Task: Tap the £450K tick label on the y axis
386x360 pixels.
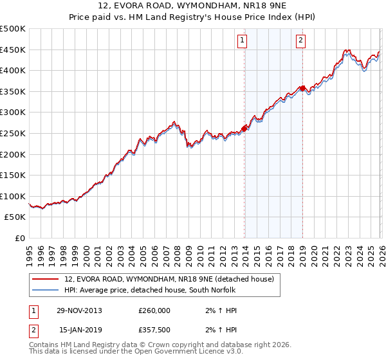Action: point(13,50)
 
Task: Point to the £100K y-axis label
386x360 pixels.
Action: point(13,196)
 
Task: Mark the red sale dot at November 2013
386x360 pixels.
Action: point(244,128)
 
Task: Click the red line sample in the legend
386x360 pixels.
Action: point(45,279)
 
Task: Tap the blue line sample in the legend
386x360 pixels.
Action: point(45,290)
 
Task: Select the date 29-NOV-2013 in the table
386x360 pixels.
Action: point(79,310)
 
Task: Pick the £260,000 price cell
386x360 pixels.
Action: point(154,310)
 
